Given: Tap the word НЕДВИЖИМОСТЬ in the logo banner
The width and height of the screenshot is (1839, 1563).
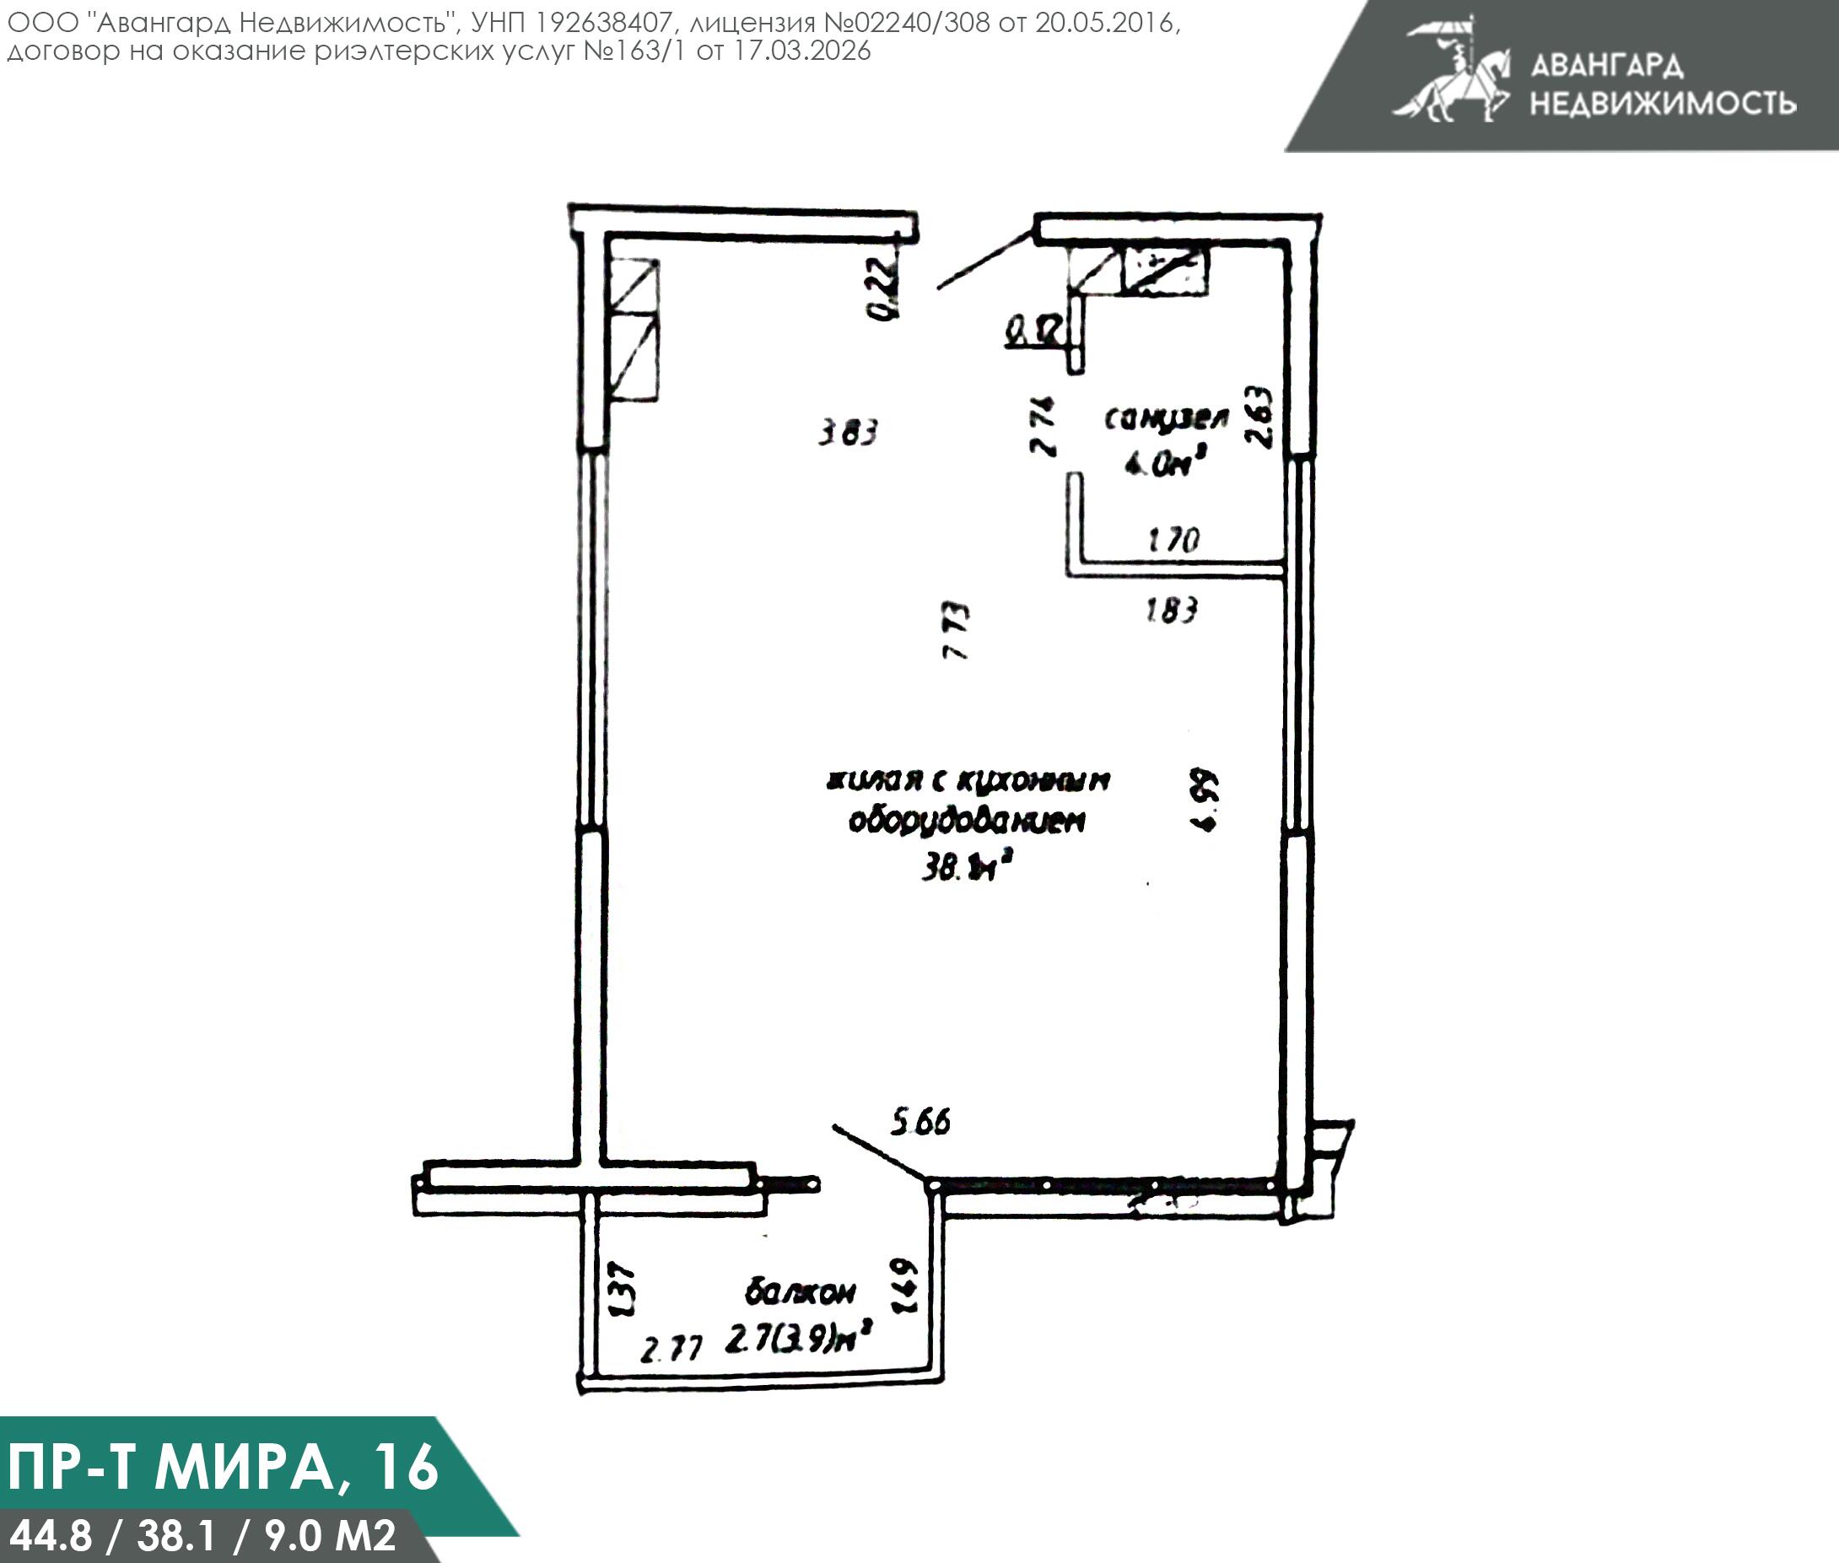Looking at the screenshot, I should pyautogui.click(x=1663, y=104).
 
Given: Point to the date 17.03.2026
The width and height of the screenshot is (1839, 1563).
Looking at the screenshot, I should pyautogui.click(x=802, y=51).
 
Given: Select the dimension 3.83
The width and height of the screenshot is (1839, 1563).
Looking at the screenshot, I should pyautogui.click(x=847, y=434).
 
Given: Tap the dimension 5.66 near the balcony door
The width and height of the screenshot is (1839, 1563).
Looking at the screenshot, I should pyautogui.click(x=920, y=1123).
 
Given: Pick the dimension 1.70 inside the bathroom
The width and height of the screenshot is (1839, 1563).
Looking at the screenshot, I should pyautogui.click(x=1173, y=540).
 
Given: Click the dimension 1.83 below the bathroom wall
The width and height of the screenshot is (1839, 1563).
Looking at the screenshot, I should pyautogui.click(x=1171, y=610).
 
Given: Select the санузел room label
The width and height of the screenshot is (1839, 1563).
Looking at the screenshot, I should pyautogui.click(x=1167, y=418).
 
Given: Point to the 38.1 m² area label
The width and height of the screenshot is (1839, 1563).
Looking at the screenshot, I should pyautogui.click(x=966, y=867).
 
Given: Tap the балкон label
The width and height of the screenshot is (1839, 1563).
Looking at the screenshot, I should pyautogui.click(x=801, y=1293).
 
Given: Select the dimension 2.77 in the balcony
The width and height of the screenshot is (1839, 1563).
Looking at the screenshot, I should pyautogui.click(x=671, y=1350).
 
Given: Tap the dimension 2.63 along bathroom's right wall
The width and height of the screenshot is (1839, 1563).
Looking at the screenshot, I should pyautogui.click(x=1259, y=417).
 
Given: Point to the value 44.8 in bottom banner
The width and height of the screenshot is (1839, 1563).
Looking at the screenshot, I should pyautogui.click(x=51, y=1534).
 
